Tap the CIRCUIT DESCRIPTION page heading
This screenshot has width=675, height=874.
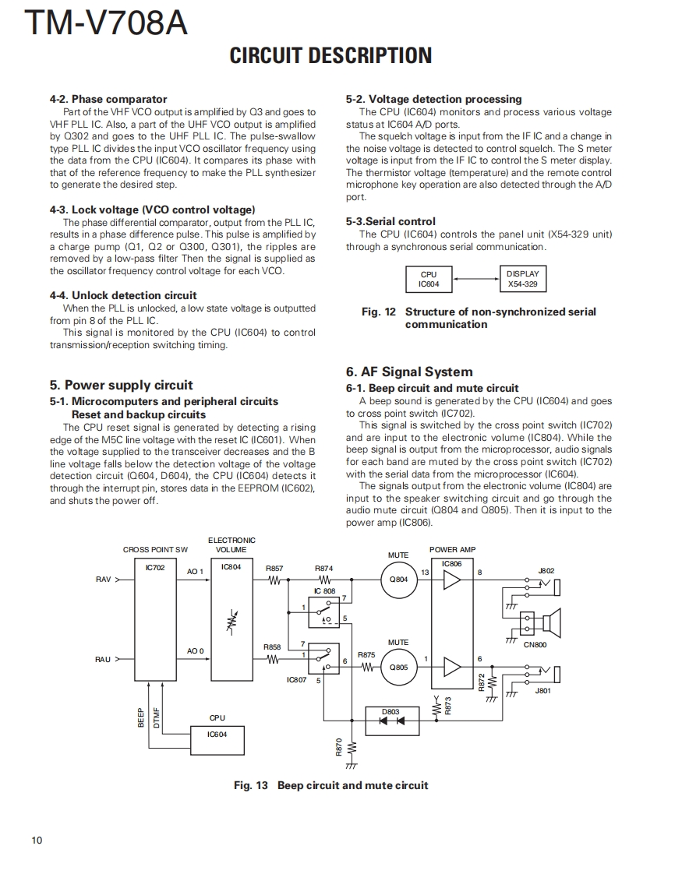click(330, 55)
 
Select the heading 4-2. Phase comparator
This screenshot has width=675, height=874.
click(108, 99)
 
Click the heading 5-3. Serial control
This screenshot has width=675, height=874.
click(391, 221)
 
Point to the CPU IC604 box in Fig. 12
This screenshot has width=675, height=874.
click(429, 279)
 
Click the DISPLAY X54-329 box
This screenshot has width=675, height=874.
click(522, 279)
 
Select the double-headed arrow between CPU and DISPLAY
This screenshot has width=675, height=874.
click(475, 279)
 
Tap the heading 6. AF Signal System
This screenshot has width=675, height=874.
click(409, 372)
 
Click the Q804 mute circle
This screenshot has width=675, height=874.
click(398, 579)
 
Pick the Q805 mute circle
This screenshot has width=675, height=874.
click(398, 667)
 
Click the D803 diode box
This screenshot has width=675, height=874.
click(391, 717)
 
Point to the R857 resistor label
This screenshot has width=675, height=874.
click(274, 569)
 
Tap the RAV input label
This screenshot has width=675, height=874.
click(103, 580)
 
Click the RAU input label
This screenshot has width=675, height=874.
click(103, 660)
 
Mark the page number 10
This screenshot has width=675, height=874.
click(37, 840)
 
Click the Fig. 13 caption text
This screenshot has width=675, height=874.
click(330, 785)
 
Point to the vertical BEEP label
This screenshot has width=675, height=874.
click(141, 717)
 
